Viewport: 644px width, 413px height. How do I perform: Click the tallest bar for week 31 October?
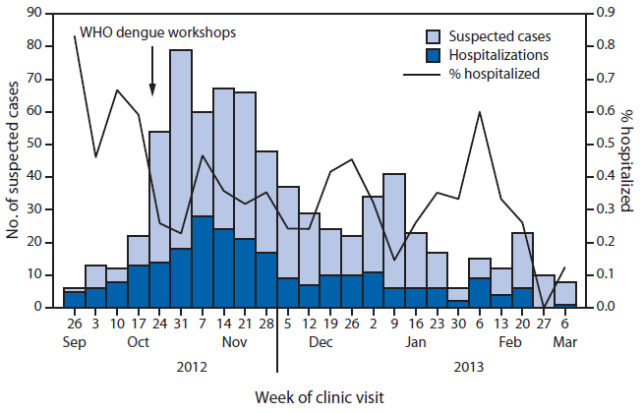click(180, 147)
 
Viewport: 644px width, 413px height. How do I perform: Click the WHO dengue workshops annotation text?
click(158, 31)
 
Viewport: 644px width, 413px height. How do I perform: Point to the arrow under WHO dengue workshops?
click(152, 74)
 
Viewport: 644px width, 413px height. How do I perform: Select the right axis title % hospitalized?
click(625, 160)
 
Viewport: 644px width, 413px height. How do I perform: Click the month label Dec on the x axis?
click(321, 343)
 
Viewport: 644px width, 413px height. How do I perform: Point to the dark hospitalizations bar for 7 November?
click(204, 262)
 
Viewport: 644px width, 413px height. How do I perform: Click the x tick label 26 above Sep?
click(74, 324)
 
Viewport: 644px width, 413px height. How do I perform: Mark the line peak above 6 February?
click(479, 112)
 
